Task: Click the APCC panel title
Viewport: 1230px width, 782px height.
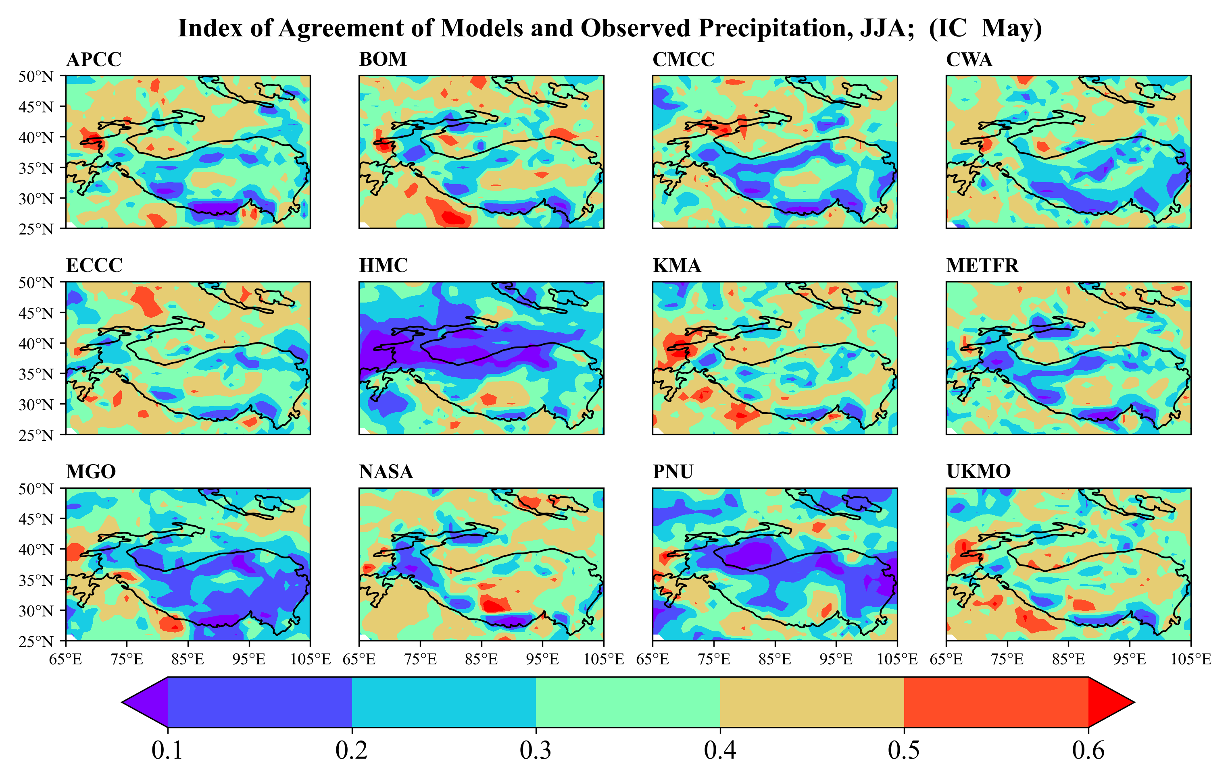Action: [x=94, y=60]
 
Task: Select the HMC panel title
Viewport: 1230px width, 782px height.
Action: [x=383, y=266]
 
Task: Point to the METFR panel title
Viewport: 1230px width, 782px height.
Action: [x=982, y=266]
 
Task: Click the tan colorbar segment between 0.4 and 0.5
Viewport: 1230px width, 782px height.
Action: [x=812, y=702]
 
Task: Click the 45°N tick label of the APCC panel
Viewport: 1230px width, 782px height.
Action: [x=36, y=107]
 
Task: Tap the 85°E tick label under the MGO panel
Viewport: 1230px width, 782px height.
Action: [x=188, y=659]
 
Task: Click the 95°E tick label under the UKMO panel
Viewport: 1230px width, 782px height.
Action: [x=1129, y=659]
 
